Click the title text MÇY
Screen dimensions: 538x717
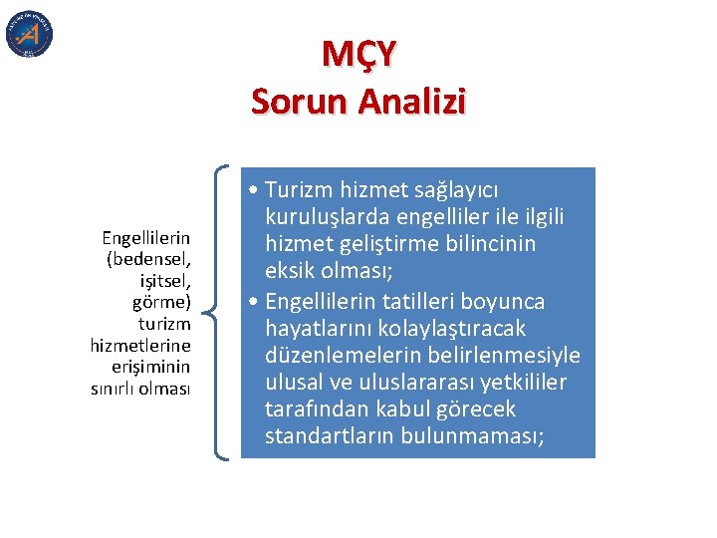pyautogui.click(x=358, y=54)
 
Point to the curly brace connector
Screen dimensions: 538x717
pyautogui.click(x=221, y=312)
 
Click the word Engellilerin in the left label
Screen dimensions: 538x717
pyautogui.click(x=145, y=238)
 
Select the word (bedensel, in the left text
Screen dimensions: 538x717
pyautogui.click(x=147, y=257)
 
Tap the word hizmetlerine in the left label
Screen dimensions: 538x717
pyautogui.click(x=140, y=345)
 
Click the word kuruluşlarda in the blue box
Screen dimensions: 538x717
pyautogui.click(x=325, y=217)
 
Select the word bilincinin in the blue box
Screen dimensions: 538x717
pyautogui.click(x=491, y=244)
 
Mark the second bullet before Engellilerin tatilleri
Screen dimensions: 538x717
pyautogui.click(x=257, y=301)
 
